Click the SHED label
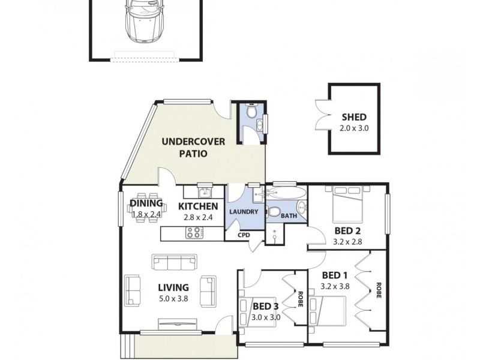click(353, 117)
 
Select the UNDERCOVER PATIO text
click(193, 148)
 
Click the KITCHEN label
click(197, 206)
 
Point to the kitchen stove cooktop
click(195, 233)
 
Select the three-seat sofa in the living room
click(175, 262)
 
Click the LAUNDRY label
click(244, 212)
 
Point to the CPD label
click(244, 235)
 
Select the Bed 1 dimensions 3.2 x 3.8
click(335, 286)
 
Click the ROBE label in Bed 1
click(379, 290)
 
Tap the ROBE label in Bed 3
click(299, 299)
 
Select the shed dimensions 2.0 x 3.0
click(353, 128)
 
